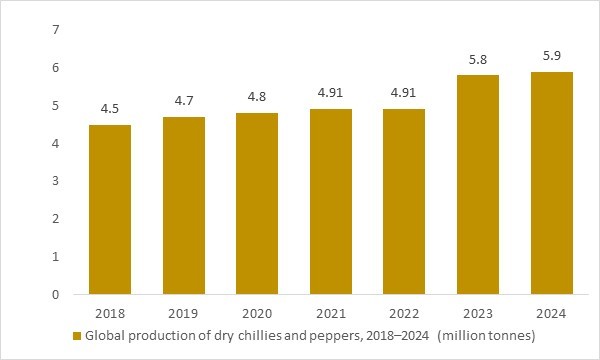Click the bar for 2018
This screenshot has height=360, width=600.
click(110, 209)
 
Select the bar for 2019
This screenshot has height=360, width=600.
click(184, 205)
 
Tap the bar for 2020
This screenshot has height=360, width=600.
click(257, 203)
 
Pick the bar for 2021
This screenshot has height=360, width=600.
click(331, 201)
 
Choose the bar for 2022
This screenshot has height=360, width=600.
click(404, 201)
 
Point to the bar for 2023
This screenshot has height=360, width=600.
click(478, 184)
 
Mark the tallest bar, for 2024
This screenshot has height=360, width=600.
click(551, 182)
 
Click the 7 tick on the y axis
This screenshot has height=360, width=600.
click(56, 30)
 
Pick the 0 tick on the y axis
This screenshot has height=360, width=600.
click(56, 295)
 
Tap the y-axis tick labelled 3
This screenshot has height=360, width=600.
click(56, 181)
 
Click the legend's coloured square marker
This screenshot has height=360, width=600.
click(78, 337)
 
